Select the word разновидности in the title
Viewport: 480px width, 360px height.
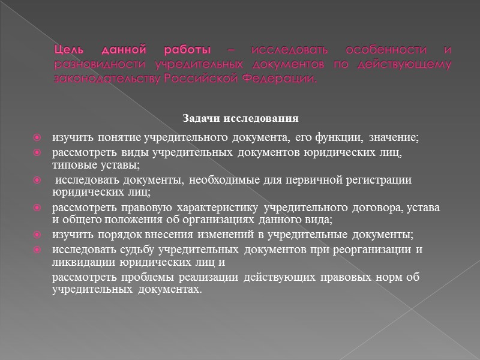tap(98, 64)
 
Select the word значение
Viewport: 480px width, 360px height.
tap(394, 139)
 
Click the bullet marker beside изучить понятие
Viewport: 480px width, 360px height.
tap(37, 139)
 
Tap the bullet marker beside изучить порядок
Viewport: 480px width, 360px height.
tap(37, 235)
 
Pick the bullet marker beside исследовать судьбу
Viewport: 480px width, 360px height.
tap(37, 250)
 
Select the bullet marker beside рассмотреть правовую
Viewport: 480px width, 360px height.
tap(37, 208)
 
